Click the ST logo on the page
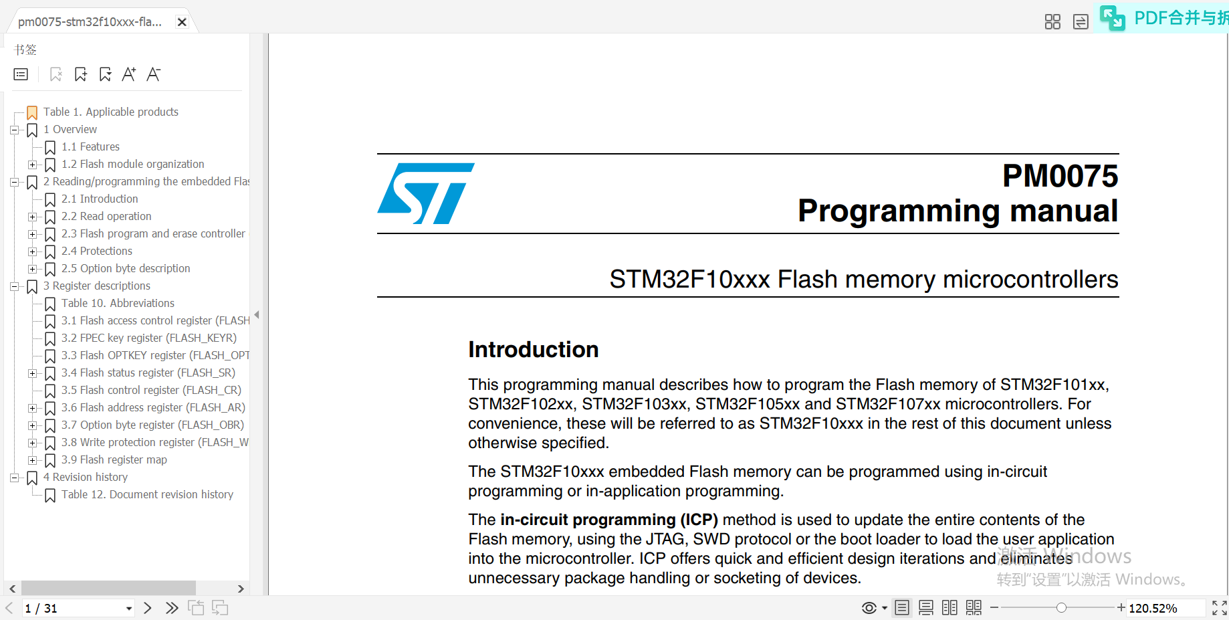click(425, 193)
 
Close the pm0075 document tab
click(182, 22)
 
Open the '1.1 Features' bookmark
click(90, 146)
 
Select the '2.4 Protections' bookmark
click(96, 251)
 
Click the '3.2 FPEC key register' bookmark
click(148, 338)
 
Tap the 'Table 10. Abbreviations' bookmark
click(118, 303)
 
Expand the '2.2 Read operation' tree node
click(32, 217)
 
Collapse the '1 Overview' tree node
click(14, 130)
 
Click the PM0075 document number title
click(1060, 177)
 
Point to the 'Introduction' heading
click(533, 349)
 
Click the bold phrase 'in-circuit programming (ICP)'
click(608, 520)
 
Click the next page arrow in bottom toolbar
click(148, 608)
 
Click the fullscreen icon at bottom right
click(1219, 608)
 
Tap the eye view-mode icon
click(869, 608)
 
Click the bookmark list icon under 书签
click(21, 74)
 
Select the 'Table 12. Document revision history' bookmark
click(147, 494)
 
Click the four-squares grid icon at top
click(1052, 22)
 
